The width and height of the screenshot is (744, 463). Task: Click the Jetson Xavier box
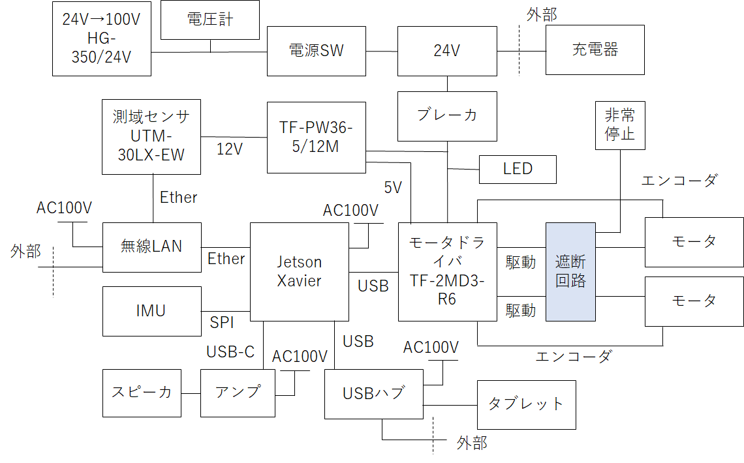tap(299, 271)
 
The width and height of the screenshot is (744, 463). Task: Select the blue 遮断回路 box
tap(570, 271)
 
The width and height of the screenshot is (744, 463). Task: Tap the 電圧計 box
tap(209, 20)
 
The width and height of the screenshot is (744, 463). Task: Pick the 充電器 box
tap(595, 50)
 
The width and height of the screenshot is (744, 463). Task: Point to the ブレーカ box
tap(446, 115)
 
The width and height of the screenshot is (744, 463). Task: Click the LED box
tap(518, 170)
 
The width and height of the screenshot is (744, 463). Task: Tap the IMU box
tap(151, 310)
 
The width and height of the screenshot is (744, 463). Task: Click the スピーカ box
tap(142, 393)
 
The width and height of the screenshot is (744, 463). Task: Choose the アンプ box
tap(238, 393)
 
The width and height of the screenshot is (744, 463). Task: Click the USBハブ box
tap(373, 393)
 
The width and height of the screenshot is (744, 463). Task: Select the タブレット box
tap(526, 404)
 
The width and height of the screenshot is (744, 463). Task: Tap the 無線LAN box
tap(151, 246)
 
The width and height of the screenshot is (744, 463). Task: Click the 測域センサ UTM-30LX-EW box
tap(151, 136)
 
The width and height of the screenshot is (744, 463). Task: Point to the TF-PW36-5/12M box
tap(316, 138)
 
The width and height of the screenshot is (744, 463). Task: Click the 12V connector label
tap(229, 149)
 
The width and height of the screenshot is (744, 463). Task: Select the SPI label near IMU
tap(222, 322)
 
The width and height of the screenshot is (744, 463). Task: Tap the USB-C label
tap(230, 352)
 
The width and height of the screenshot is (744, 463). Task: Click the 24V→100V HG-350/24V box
tap(101, 38)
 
